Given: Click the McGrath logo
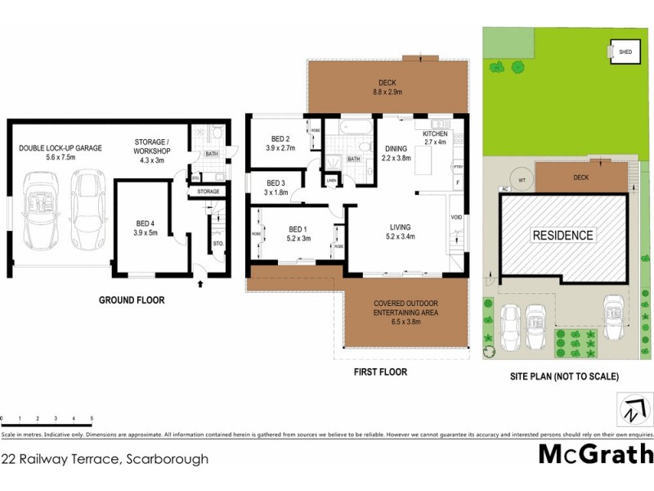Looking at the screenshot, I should coord(596,453).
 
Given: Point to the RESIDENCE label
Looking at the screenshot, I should coord(562,236).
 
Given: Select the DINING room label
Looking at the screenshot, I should coord(396,148).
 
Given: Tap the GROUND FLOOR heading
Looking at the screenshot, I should coord(132,300).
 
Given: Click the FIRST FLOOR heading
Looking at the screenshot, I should coord(380,372).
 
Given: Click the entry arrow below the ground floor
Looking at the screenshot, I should coord(201,284).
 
